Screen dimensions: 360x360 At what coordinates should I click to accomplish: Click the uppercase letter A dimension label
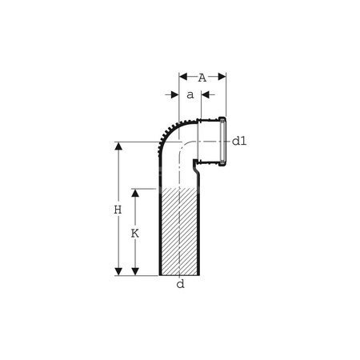coord(202,78)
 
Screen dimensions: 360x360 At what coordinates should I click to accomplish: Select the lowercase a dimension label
coord(190,94)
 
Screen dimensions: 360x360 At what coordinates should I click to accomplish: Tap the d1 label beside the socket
coord(239,141)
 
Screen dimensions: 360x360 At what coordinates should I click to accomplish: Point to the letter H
coord(117,210)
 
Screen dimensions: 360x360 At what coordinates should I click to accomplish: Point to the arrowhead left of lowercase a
coord(174,94)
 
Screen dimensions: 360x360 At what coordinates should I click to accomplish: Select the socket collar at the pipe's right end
coord(222,142)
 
